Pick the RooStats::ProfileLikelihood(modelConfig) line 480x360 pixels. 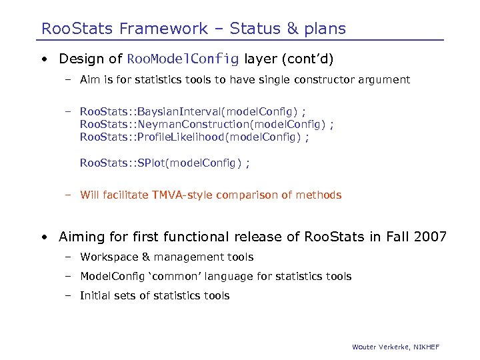click(x=194, y=137)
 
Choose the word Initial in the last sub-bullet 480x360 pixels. click(x=95, y=296)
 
